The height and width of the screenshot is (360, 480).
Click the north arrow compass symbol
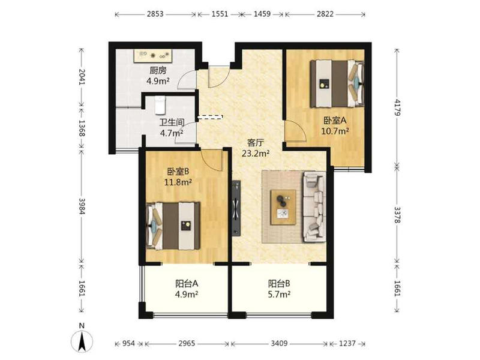[x=82, y=340]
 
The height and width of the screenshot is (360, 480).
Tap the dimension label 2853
[x=155, y=14]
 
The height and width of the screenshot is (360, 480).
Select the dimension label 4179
[x=397, y=107]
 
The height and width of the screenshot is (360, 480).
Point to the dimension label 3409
[x=279, y=343]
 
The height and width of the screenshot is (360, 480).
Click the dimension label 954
[x=128, y=343]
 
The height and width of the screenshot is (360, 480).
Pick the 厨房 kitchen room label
[x=158, y=71]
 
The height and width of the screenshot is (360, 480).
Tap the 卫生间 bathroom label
[x=172, y=122]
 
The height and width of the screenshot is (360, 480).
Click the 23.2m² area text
[x=256, y=153]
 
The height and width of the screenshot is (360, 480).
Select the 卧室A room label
[x=335, y=121]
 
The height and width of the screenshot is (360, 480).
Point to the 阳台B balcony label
[x=279, y=283]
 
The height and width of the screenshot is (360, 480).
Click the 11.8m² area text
[x=178, y=182]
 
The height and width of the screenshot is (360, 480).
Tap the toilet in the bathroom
[x=160, y=105]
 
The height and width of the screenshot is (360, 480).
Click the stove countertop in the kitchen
[x=153, y=56]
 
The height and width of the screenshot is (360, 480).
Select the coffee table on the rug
[x=283, y=207]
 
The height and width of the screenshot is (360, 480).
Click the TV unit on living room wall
[x=236, y=208]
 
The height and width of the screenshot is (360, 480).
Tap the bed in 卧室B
[x=173, y=226]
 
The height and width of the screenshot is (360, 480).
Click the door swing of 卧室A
[x=296, y=130]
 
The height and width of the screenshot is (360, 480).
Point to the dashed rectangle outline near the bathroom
[x=211, y=117]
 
